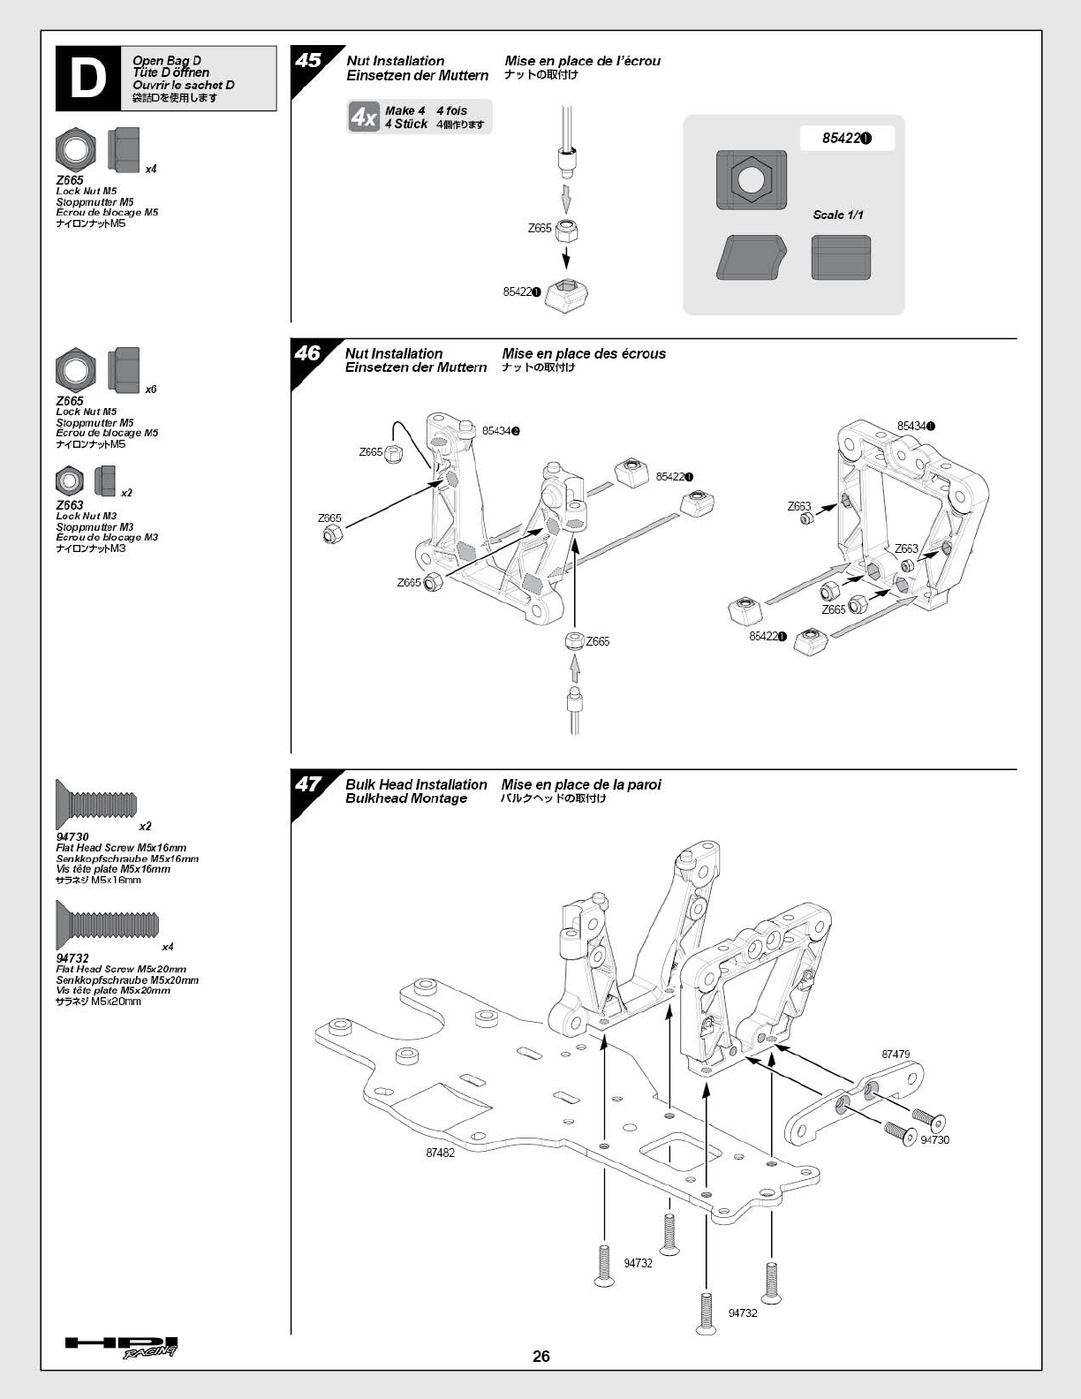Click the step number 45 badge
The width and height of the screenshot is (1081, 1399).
point(308,61)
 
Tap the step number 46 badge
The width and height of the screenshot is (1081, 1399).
point(306,353)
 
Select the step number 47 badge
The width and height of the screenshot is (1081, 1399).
point(307,784)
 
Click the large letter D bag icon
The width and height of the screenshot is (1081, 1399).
point(88,79)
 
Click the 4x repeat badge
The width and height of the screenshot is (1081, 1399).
point(363,117)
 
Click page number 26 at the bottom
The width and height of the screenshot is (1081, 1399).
point(541,1357)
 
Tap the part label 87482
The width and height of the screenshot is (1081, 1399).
point(440,1153)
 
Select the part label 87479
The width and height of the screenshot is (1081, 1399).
point(896,1054)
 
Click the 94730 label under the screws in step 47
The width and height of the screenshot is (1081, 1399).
point(934,1140)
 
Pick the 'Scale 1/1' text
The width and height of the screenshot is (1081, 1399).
point(838,215)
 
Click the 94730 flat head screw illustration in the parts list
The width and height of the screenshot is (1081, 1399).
point(96,804)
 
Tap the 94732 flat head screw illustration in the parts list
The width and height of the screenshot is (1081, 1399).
point(106,925)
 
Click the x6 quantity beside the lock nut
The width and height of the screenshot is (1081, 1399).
point(151,389)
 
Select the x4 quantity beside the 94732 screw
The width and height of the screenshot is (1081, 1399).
point(168,947)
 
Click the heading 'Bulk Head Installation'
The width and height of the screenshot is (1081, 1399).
point(416,784)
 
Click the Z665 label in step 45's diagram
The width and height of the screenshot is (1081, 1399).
point(540,228)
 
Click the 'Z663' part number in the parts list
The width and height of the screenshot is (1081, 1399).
point(70,505)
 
